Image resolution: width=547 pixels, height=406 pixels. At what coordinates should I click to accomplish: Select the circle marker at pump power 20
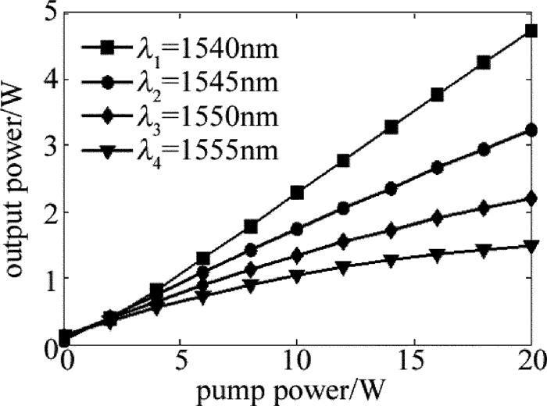point(531,130)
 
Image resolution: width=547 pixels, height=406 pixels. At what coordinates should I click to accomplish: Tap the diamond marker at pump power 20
point(531,198)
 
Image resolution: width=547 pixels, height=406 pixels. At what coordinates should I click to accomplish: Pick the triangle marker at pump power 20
point(531,246)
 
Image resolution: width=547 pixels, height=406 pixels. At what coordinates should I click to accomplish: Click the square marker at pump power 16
point(438,94)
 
